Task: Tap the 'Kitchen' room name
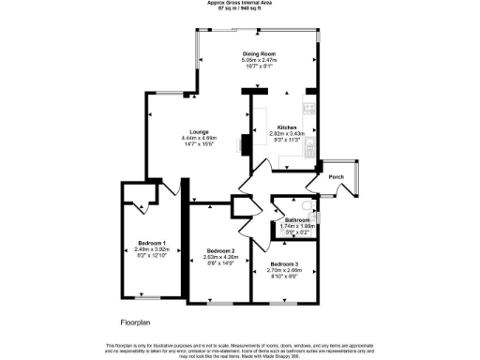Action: click(x=286, y=127)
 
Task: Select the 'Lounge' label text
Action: click(x=198, y=132)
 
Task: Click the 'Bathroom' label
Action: click(x=297, y=220)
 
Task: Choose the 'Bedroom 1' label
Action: click(x=150, y=243)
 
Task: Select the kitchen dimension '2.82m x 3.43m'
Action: click(x=286, y=134)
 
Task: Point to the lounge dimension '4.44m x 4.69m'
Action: click(x=198, y=139)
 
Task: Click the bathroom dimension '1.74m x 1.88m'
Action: click(x=298, y=226)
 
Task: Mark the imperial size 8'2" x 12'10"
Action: click(x=150, y=255)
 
